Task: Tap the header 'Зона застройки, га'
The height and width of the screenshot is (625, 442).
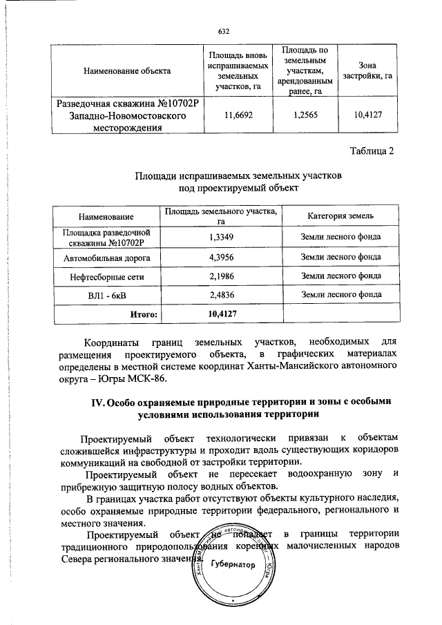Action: tap(367, 70)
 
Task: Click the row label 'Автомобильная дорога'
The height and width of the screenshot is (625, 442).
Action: tap(107, 257)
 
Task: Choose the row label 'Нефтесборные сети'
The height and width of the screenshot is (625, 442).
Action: tap(107, 276)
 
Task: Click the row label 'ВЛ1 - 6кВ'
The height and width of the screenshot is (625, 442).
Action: tap(107, 294)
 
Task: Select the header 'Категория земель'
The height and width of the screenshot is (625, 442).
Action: tap(341, 217)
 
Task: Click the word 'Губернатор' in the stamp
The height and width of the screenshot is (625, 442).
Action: tap(233, 564)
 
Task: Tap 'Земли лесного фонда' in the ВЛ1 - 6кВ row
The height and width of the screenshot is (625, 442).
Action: tap(341, 294)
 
